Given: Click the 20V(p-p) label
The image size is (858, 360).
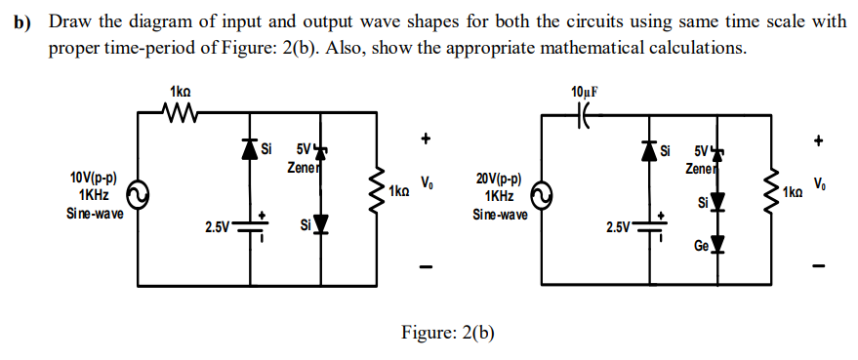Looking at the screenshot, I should click(x=498, y=180).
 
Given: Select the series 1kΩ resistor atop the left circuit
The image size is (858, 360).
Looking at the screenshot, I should click(x=180, y=115).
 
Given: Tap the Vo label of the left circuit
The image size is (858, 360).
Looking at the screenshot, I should click(x=426, y=181).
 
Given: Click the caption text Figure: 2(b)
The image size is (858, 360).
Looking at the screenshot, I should click(x=448, y=333).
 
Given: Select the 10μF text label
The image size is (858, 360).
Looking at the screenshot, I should click(x=585, y=92).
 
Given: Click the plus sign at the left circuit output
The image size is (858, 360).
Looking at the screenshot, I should click(x=426, y=140).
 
